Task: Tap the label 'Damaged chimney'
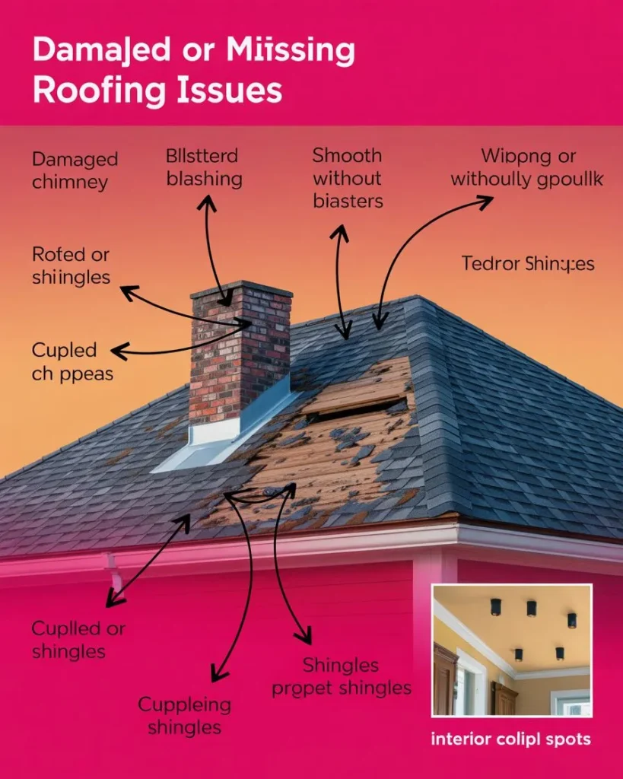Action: [75, 170]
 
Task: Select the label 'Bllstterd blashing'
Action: [203, 167]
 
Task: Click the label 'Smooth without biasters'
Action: [348, 178]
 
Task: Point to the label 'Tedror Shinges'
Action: [528, 264]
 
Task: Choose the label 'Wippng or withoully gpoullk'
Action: [526, 167]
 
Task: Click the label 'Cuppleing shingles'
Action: [184, 715]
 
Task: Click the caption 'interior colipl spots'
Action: [510, 739]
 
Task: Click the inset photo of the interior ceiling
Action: [511, 650]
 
